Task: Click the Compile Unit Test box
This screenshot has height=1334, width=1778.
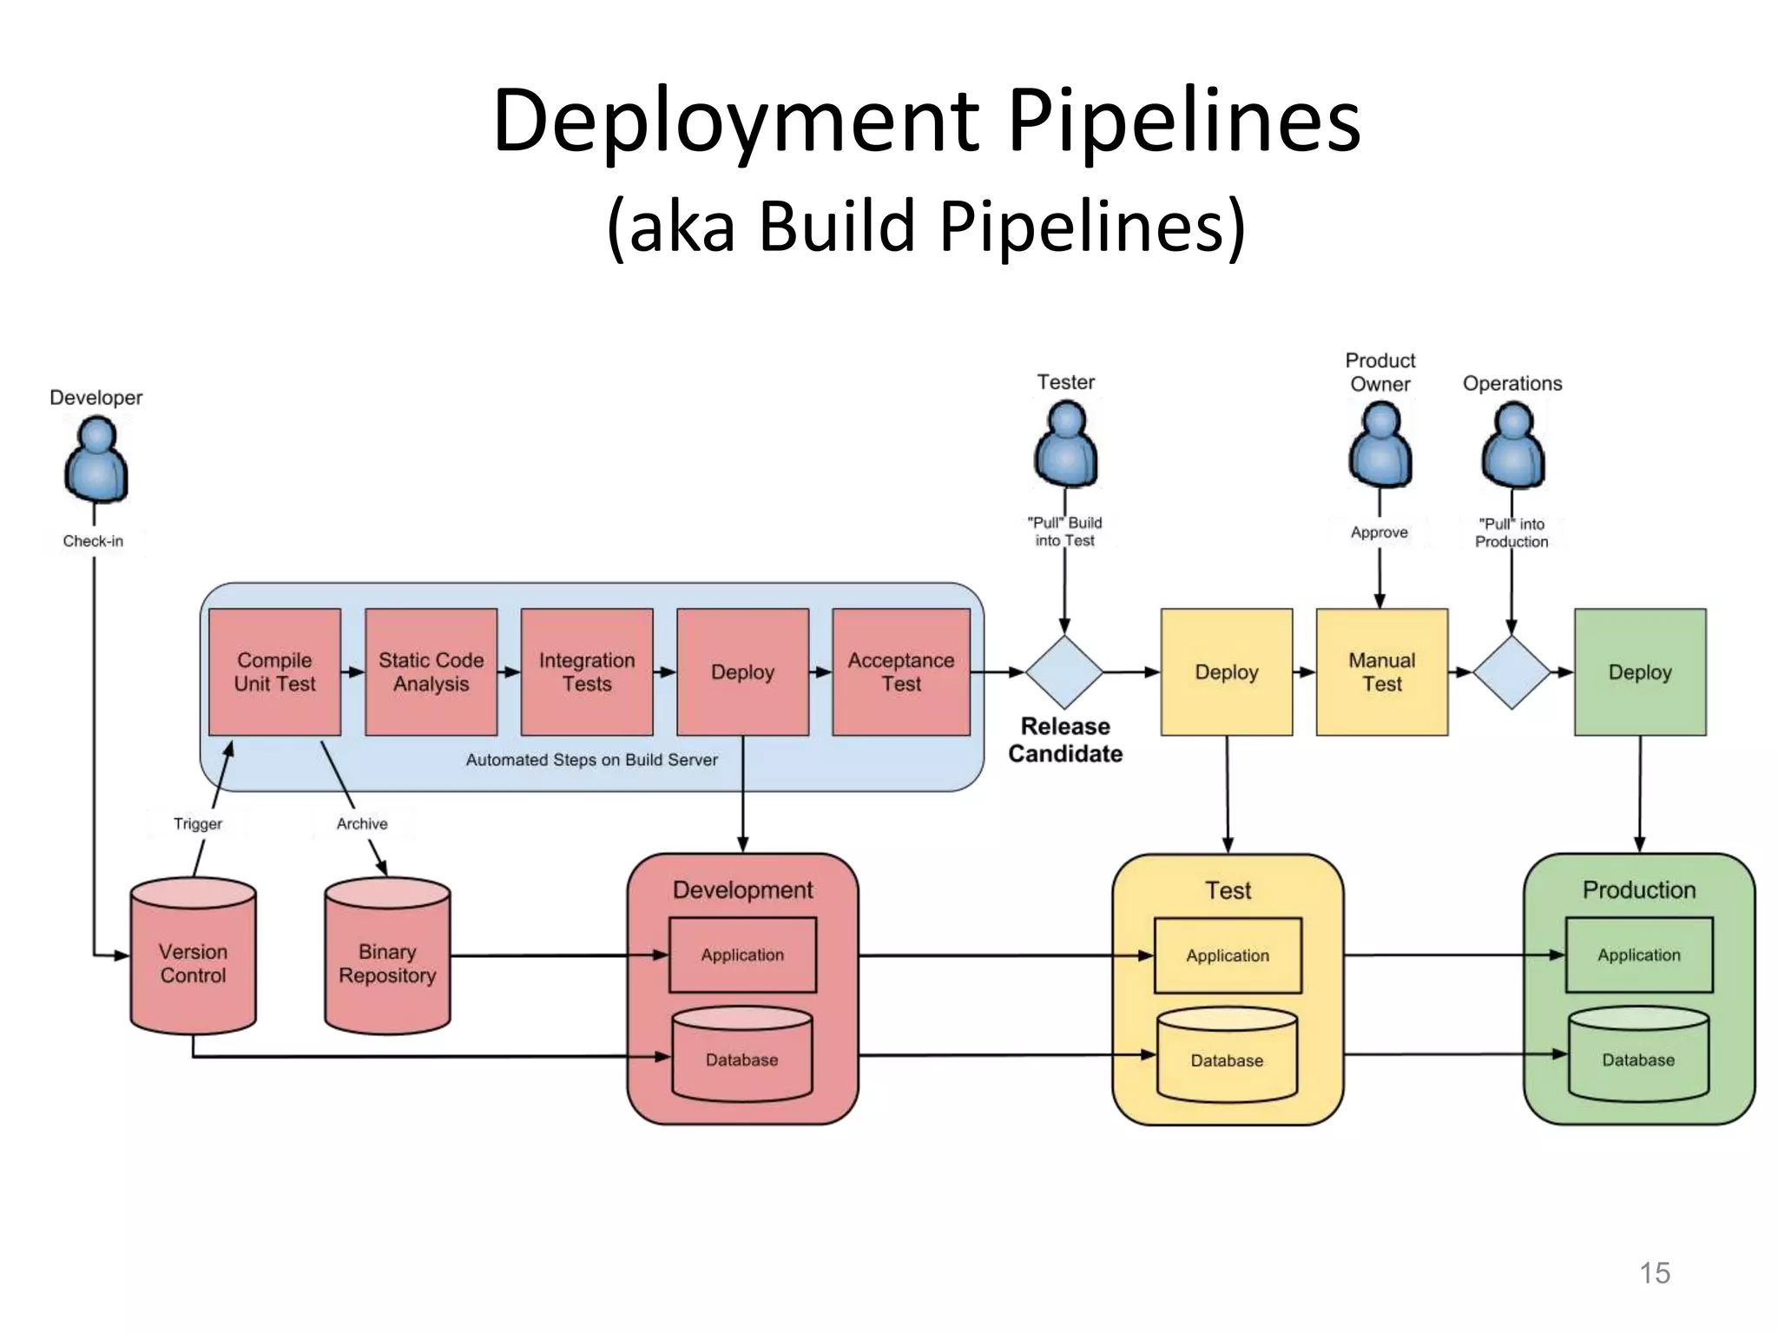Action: point(274,671)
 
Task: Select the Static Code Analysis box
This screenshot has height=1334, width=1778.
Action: point(431,671)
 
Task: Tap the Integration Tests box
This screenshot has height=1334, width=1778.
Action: point(587,671)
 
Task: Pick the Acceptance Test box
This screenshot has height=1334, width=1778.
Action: point(901,671)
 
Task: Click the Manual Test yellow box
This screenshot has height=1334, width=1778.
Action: point(1382,671)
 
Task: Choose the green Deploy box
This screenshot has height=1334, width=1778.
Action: point(1640,671)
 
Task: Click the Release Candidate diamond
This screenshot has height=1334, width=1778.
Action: point(1064,671)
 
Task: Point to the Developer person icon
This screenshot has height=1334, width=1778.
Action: point(96,459)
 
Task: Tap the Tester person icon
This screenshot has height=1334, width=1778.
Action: point(1065,445)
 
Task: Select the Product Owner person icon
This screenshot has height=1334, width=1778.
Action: point(1380,446)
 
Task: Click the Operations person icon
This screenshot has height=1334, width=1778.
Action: point(1512,446)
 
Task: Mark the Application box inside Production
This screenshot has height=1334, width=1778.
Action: point(1639,954)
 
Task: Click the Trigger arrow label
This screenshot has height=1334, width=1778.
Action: point(198,823)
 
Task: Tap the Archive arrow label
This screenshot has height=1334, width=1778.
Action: point(362,823)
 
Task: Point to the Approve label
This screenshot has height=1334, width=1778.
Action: point(1380,532)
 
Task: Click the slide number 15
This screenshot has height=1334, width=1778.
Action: point(1655,1272)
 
